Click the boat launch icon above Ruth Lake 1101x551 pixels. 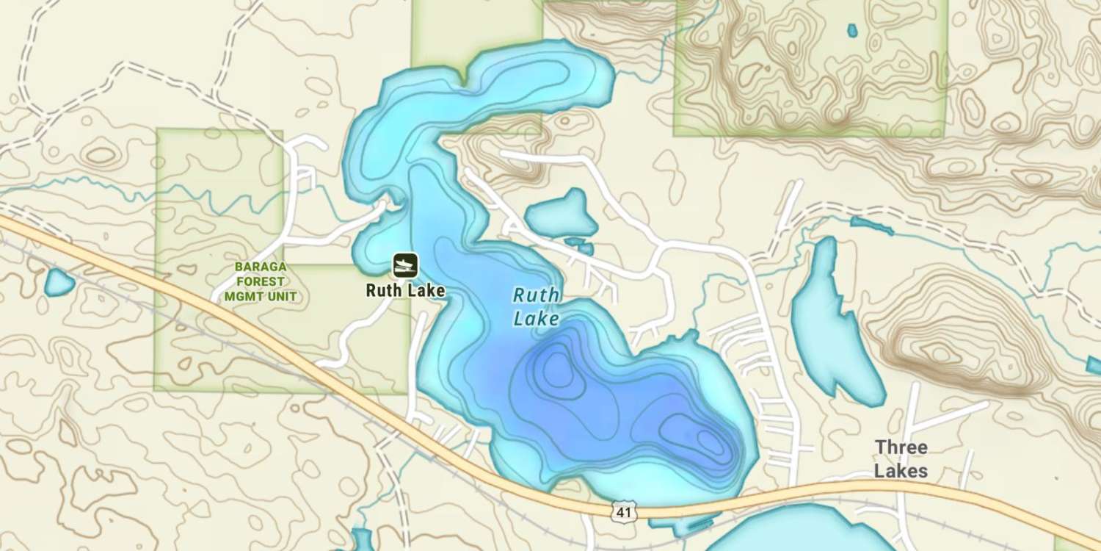pos(404,264)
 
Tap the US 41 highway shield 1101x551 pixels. pos(623,511)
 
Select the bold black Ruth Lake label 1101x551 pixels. pos(405,290)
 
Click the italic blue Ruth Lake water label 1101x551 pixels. pos(537,307)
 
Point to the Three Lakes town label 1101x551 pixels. pos(901,458)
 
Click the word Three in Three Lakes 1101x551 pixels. pos(901,447)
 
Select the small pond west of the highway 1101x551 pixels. pos(59,282)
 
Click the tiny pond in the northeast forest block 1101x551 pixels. pos(852,31)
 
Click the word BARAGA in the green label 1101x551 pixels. pos(261,267)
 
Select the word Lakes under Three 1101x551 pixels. pos(901,471)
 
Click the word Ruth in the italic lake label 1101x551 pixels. pos(537,296)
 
